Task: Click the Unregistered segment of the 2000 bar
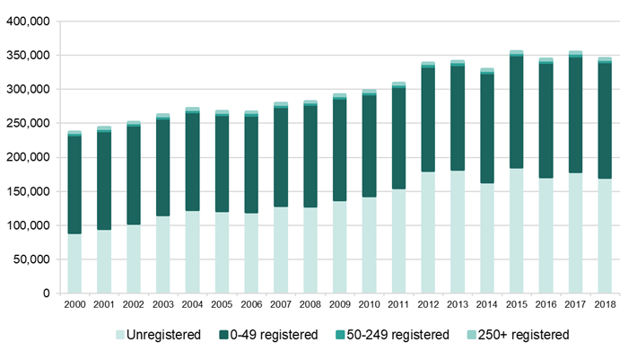tap(74, 263)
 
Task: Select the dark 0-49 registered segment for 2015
tap(517, 112)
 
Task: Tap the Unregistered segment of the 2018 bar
tap(605, 236)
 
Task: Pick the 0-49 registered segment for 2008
tap(310, 156)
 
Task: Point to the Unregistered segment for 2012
tap(428, 233)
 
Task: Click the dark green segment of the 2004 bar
tap(193, 162)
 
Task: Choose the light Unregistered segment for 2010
tap(370, 245)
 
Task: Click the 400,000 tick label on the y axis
tap(28, 22)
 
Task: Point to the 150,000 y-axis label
tap(28, 191)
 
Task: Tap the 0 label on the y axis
tap(47, 293)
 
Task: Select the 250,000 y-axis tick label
tap(28, 123)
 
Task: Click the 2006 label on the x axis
tap(251, 304)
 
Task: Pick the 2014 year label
tap(487, 304)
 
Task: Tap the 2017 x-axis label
tap(575, 304)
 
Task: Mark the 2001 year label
tap(104, 304)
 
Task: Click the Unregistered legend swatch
tap(120, 335)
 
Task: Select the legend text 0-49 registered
tap(274, 335)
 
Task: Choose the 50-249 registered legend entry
tap(392, 335)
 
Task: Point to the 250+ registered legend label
tap(523, 335)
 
